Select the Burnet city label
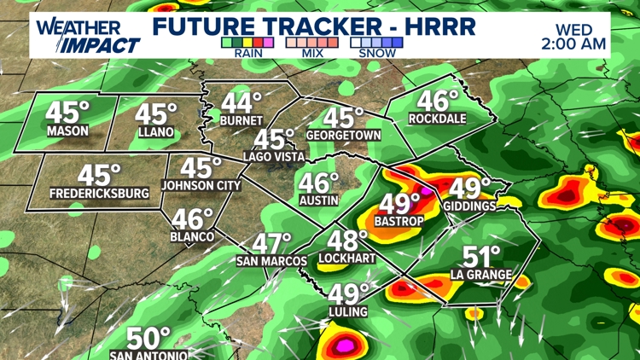[x=241, y=121]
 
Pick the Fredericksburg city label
[x=100, y=194]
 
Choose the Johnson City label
[x=201, y=184]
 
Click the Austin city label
[x=318, y=200]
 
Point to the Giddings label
[x=469, y=206]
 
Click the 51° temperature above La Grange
[x=482, y=257]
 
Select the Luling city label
[x=347, y=312]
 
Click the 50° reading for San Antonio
[x=149, y=337]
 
